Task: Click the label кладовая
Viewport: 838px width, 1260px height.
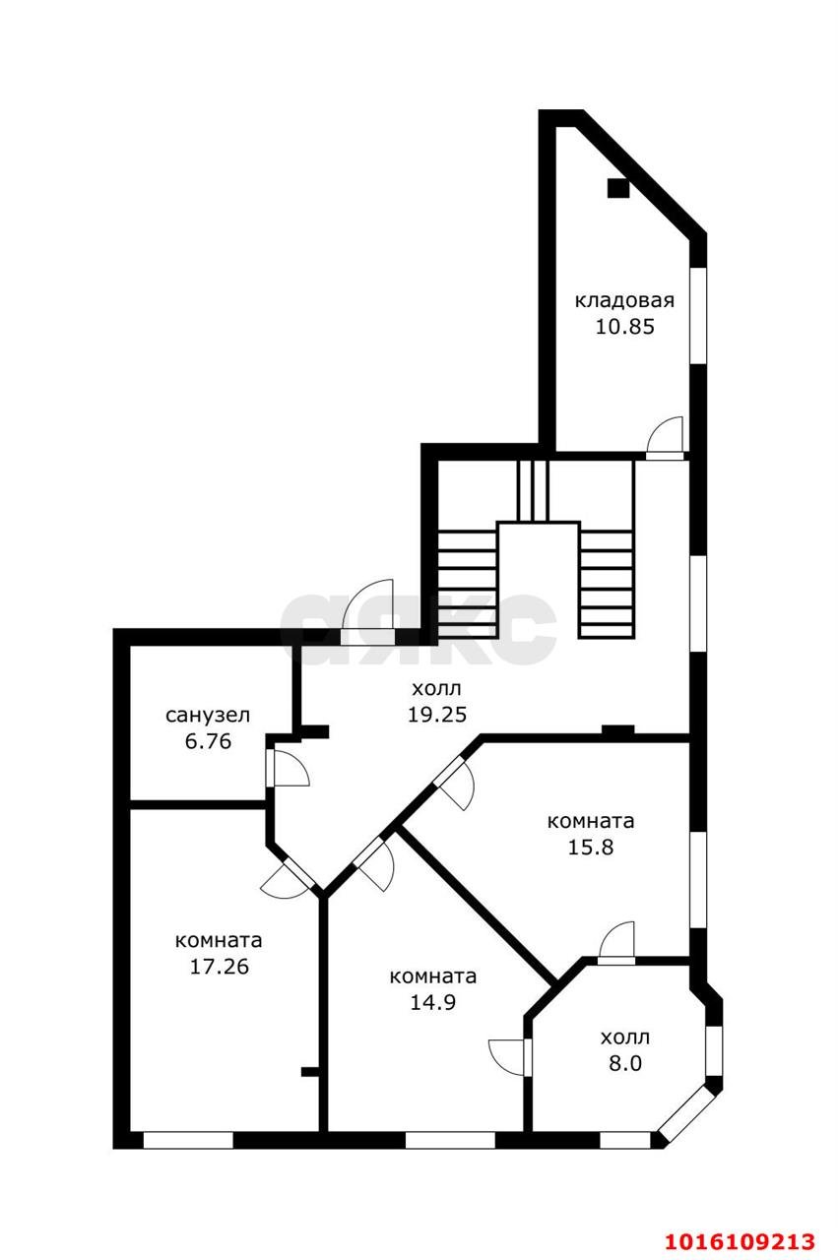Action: (624, 300)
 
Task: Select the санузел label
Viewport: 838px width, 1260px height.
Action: (208, 715)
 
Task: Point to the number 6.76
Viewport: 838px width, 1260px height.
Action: (208, 741)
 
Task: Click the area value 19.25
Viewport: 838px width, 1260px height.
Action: (437, 714)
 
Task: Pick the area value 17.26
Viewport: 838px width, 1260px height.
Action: (219, 966)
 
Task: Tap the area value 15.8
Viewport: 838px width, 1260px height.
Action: (590, 847)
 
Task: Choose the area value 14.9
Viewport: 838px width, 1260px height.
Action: (432, 1002)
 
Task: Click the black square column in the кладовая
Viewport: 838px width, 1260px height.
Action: (617, 188)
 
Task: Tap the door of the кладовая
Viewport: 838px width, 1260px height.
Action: (666, 438)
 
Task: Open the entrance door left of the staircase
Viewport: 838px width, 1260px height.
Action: (367, 612)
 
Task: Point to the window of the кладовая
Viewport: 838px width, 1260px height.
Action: (698, 316)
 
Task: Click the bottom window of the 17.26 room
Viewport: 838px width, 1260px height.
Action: (188, 1140)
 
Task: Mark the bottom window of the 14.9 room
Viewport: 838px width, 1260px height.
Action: (450, 1140)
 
